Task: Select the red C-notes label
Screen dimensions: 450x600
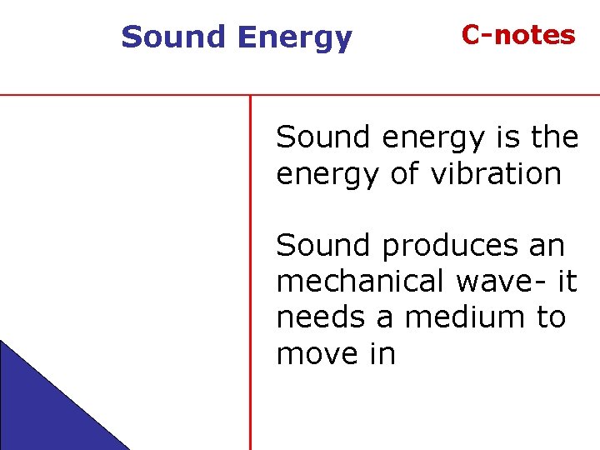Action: [x=518, y=35]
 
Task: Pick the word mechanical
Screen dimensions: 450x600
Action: [x=361, y=282]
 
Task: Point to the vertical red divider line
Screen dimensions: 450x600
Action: [x=250, y=275]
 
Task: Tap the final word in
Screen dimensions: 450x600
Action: [x=380, y=354]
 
